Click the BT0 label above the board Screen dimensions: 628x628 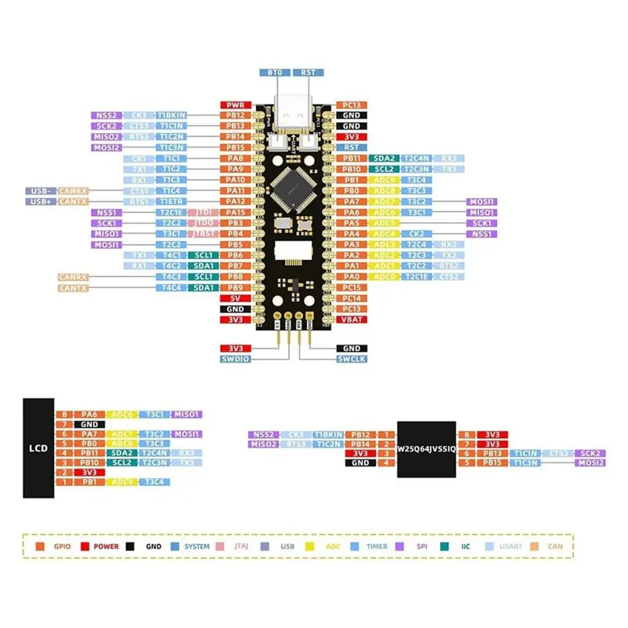(x=274, y=72)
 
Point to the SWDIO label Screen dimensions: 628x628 (x=235, y=358)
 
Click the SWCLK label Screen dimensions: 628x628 (x=351, y=358)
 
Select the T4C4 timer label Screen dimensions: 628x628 (x=170, y=287)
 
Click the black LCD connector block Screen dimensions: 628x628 (x=38, y=448)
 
